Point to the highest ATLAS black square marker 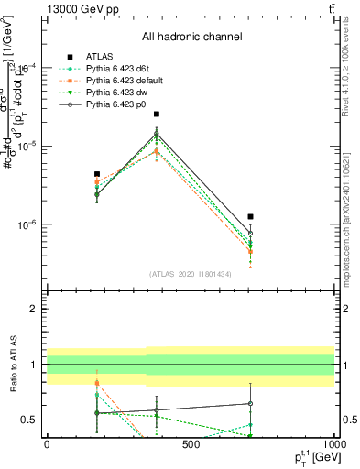coord(157,115)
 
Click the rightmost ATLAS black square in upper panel coord(250,217)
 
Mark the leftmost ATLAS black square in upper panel coord(97,174)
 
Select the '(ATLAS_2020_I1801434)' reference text coord(190,274)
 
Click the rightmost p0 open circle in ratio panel coord(250,403)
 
